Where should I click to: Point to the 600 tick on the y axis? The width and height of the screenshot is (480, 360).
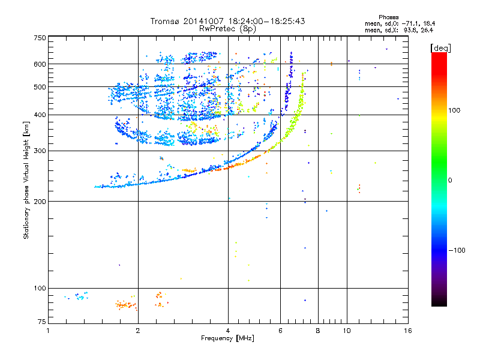pyautogui.click(x=40, y=64)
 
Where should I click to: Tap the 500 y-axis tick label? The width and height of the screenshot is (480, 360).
pyautogui.click(x=40, y=87)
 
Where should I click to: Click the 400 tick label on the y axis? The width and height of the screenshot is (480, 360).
pyautogui.click(x=40, y=115)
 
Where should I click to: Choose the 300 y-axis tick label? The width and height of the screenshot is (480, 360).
pyautogui.click(x=40, y=151)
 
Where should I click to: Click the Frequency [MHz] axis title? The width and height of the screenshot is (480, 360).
pyautogui.click(x=227, y=339)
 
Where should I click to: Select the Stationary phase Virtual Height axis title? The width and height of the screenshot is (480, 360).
pyautogui.click(x=26, y=181)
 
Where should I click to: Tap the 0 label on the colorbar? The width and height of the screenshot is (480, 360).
pyautogui.click(x=450, y=180)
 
